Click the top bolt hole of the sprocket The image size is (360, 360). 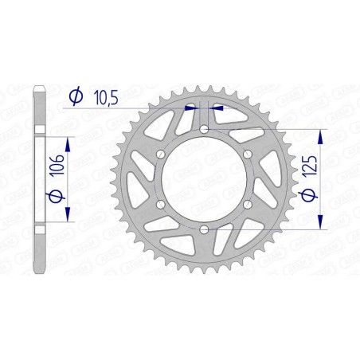click(204, 128)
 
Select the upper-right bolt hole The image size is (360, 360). click(248, 154)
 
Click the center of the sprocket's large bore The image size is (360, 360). click(204, 179)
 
